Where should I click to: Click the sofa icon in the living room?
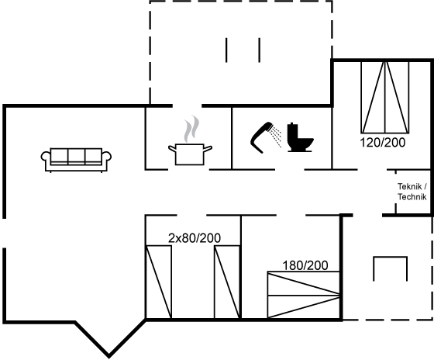click(x=76, y=160)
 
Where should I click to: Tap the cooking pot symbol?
click(x=190, y=154)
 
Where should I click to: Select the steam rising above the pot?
click(x=191, y=129)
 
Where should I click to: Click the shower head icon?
click(x=262, y=137)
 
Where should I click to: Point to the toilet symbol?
click(x=300, y=137)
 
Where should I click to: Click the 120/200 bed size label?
click(x=383, y=143)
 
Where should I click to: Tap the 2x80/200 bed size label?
click(x=195, y=238)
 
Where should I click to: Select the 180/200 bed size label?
click(x=305, y=265)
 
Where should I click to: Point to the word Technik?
click(x=412, y=197)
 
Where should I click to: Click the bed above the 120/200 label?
click(x=384, y=97)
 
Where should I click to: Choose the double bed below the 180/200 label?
click(x=304, y=295)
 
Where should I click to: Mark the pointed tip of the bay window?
click(x=108, y=355)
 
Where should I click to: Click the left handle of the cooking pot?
click(x=172, y=148)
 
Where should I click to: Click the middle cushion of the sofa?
click(x=77, y=156)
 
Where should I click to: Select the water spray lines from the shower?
click(x=277, y=136)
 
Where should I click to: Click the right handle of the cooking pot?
click(x=208, y=148)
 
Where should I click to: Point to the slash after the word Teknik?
click(x=425, y=186)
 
